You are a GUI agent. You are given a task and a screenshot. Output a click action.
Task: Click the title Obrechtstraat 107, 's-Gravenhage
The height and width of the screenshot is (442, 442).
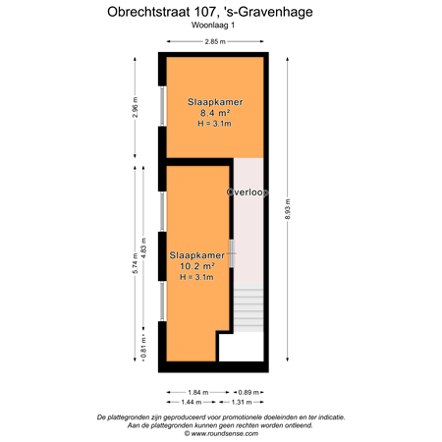[220, 12]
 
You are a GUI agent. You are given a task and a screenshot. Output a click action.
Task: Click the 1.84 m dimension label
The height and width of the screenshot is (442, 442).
[199, 391]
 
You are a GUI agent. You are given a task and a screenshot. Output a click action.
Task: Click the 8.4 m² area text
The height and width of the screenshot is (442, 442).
[214, 113]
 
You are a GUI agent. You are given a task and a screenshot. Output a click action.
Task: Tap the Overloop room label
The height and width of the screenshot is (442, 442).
[248, 193]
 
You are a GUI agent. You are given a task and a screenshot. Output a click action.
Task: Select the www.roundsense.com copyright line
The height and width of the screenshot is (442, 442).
[220, 433]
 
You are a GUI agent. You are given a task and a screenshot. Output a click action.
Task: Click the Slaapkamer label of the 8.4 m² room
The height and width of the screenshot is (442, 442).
[214, 101]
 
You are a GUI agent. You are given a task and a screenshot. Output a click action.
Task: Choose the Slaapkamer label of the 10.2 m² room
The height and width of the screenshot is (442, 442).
[192, 254]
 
